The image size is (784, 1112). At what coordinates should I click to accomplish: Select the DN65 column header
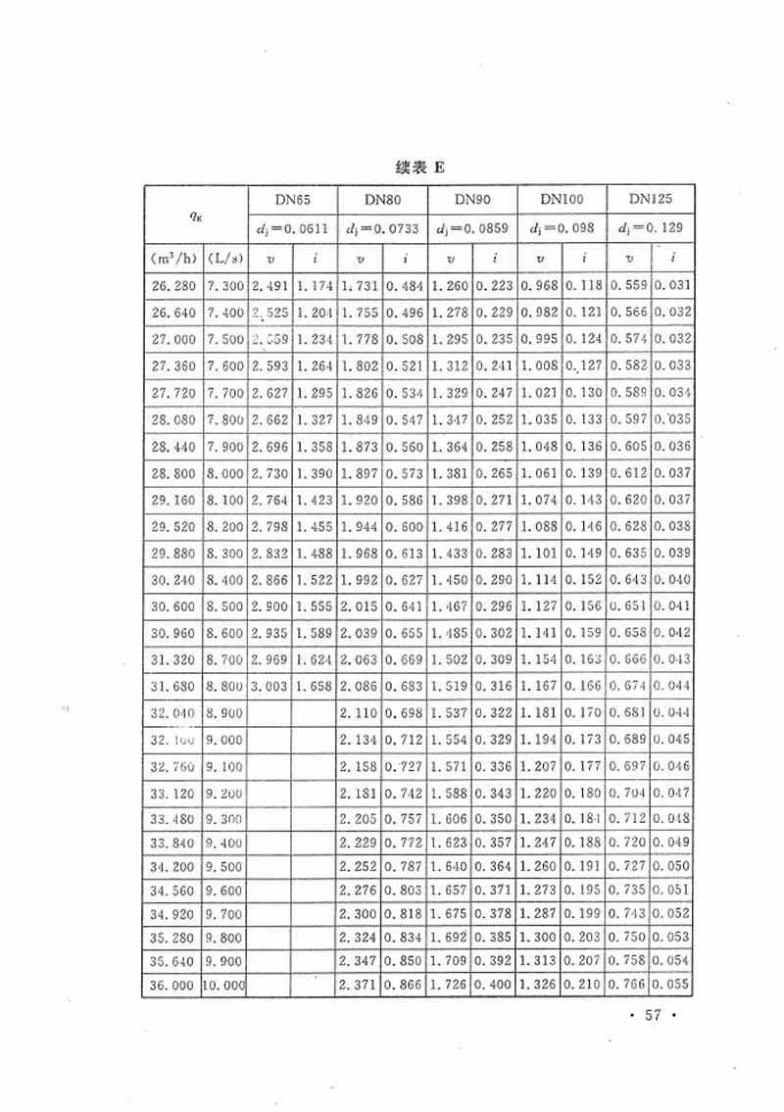pyautogui.click(x=292, y=199)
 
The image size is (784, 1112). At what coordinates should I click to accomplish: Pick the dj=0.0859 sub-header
pyautogui.click(x=471, y=229)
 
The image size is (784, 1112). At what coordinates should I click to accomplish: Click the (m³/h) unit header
pyautogui.click(x=172, y=259)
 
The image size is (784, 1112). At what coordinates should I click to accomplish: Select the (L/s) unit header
pyautogui.click(x=226, y=259)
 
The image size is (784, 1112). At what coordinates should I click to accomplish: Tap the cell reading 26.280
pyautogui.click(x=172, y=286)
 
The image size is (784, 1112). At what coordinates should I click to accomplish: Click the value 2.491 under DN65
pyautogui.click(x=271, y=286)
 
